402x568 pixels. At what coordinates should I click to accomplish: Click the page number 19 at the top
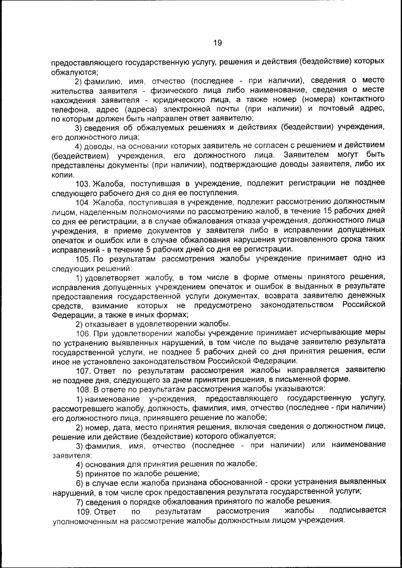(x=217, y=43)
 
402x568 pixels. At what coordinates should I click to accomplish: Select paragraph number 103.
(x=83, y=183)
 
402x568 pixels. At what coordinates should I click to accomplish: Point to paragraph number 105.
(x=83, y=259)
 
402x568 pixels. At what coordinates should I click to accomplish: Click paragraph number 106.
(x=83, y=333)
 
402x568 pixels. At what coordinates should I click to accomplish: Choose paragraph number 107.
(x=83, y=370)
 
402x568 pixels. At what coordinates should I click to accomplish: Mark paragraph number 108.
(x=83, y=388)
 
